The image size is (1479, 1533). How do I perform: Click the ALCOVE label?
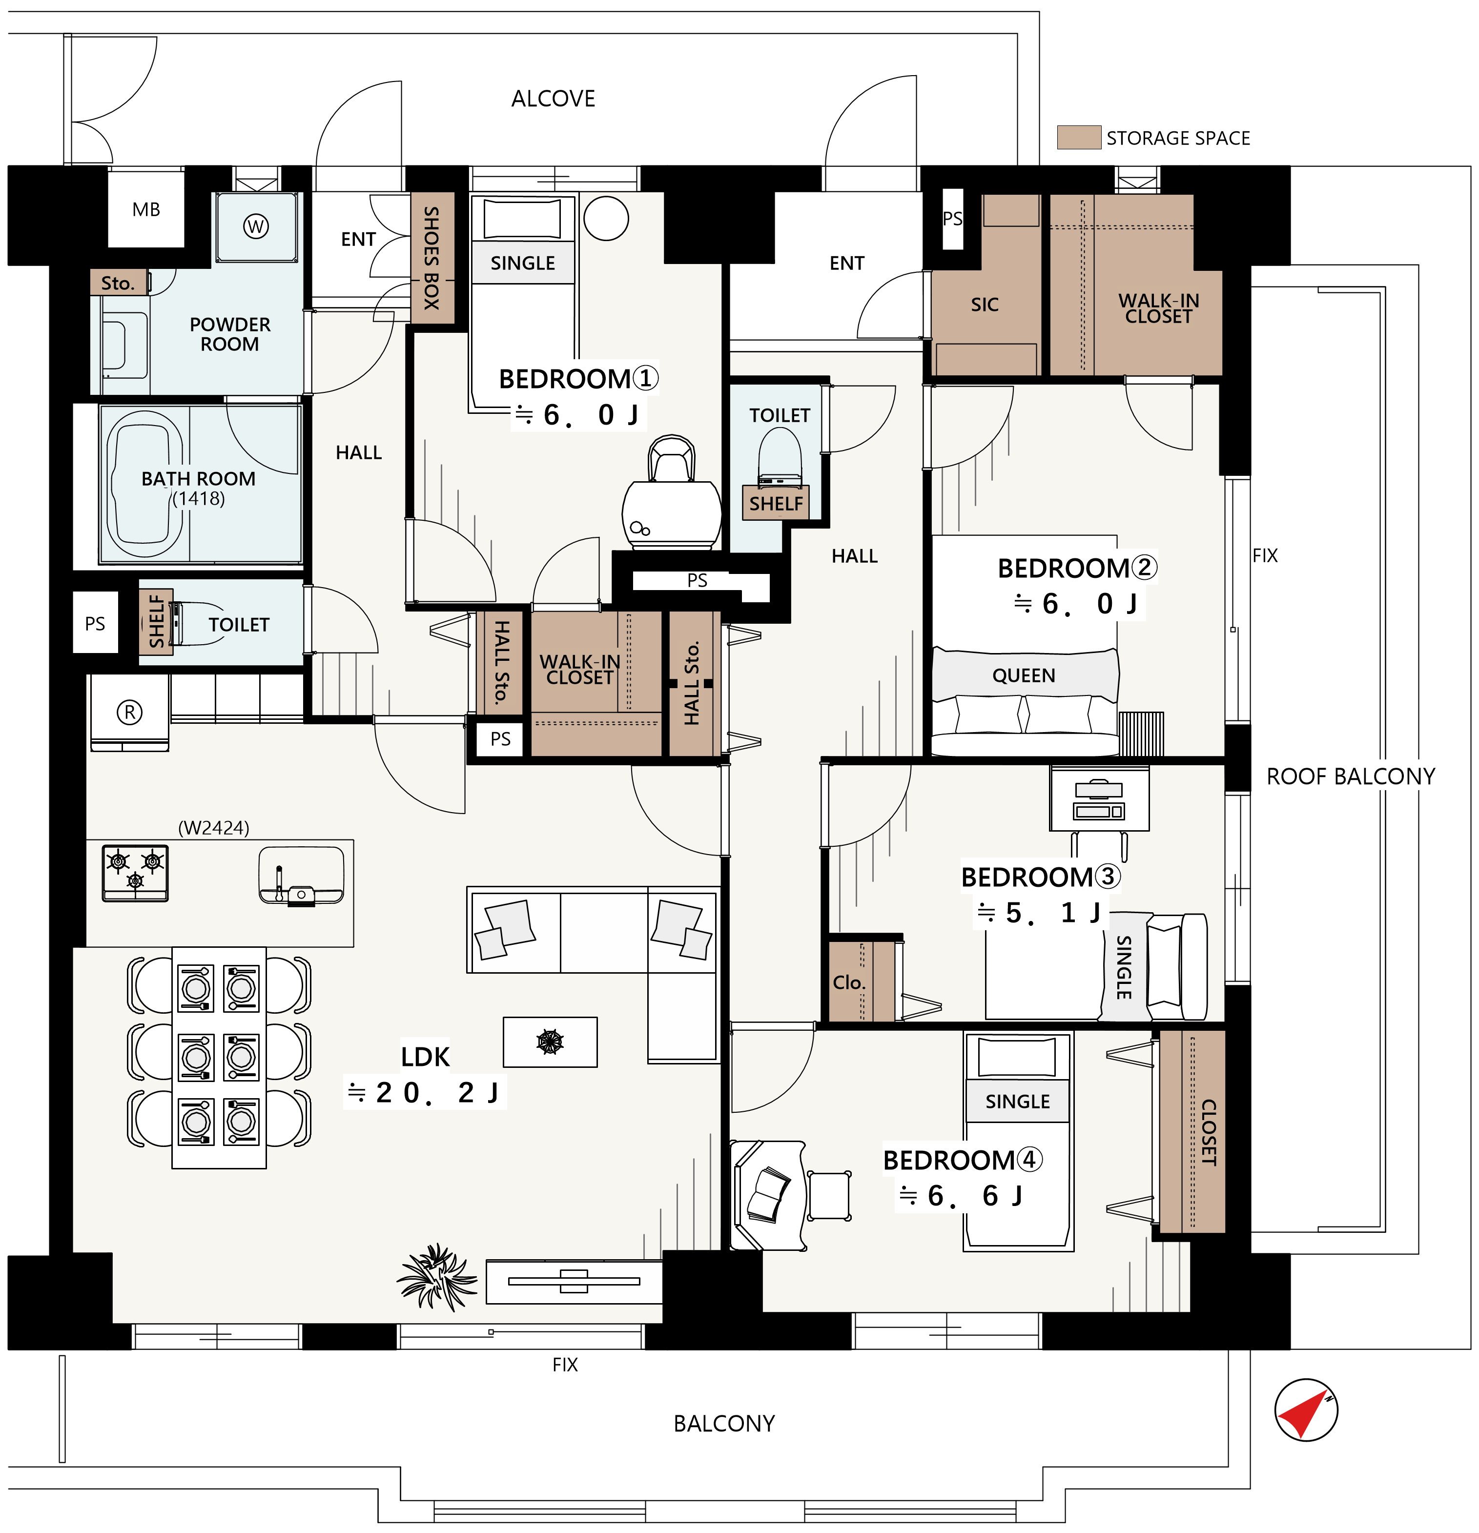[553, 99]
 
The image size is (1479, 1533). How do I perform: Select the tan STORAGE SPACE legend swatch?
[1079, 137]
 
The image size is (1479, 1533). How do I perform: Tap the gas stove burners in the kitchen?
[135, 873]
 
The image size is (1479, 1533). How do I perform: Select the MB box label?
[146, 209]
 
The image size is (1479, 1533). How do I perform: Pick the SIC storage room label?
[985, 305]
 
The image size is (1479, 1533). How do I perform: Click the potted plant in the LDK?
[436, 1277]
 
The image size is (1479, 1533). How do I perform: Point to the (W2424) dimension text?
[213, 827]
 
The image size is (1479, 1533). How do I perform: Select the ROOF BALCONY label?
[1351, 777]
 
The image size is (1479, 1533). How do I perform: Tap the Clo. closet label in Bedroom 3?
[849, 982]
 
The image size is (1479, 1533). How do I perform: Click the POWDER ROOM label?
[230, 334]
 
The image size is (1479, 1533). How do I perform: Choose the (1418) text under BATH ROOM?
[199, 498]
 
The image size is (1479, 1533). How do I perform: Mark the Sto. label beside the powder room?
[118, 283]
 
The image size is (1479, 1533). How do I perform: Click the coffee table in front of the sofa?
[550, 1042]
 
